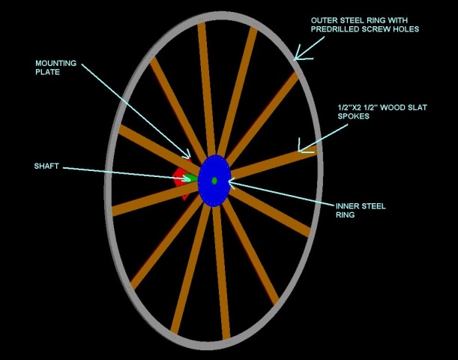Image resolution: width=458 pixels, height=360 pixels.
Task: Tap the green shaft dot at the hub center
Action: (214, 180)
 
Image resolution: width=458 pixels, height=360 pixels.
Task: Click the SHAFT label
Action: (46, 166)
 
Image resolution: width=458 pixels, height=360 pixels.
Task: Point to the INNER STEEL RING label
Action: (361, 210)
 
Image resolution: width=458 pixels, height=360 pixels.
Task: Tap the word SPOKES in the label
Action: (354, 116)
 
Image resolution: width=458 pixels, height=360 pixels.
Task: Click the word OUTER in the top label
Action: (325, 19)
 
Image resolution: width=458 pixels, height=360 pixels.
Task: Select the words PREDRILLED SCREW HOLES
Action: (365, 29)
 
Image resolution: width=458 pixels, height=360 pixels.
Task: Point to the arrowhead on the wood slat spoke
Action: (303, 147)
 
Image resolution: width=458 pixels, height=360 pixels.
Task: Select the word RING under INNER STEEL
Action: (346, 215)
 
